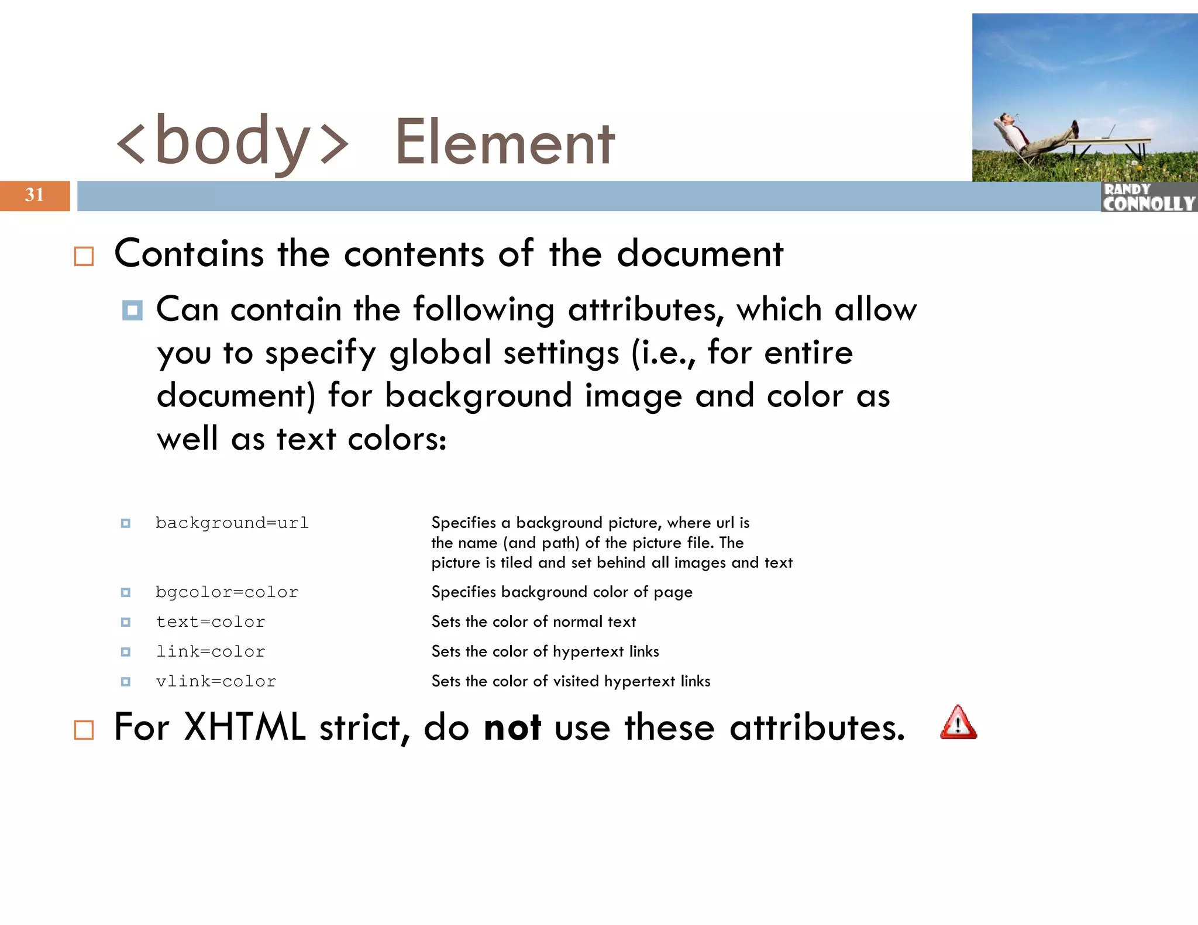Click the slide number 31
pyautogui.click(x=34, y=195)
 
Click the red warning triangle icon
pyautogui.click(x=958, y=723)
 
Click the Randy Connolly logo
pyautogui.click(x=1148, y=197)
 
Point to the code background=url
pyautogui.click(x=232, y=523)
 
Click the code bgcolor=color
pyautogui.click(x=226, y=592)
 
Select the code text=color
pyautogui.click(x=210, y=622)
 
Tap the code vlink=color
pyautogui.click(x=215, y=681)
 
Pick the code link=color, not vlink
pyautogui.click(x=210, y=651)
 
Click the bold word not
pyautogui.click(x=512, y=727)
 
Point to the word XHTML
pyautogui.click(x=245, y=727)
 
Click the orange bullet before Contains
pyautogui.click(x=84, y=256)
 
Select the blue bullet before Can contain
pyautogui.click(x=132, y=310)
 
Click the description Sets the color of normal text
pyautogui.click(x=533, y=622)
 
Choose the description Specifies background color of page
pyautogui.click(x=562, y=592)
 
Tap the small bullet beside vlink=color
pyautogui.click(x=125, y=681)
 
